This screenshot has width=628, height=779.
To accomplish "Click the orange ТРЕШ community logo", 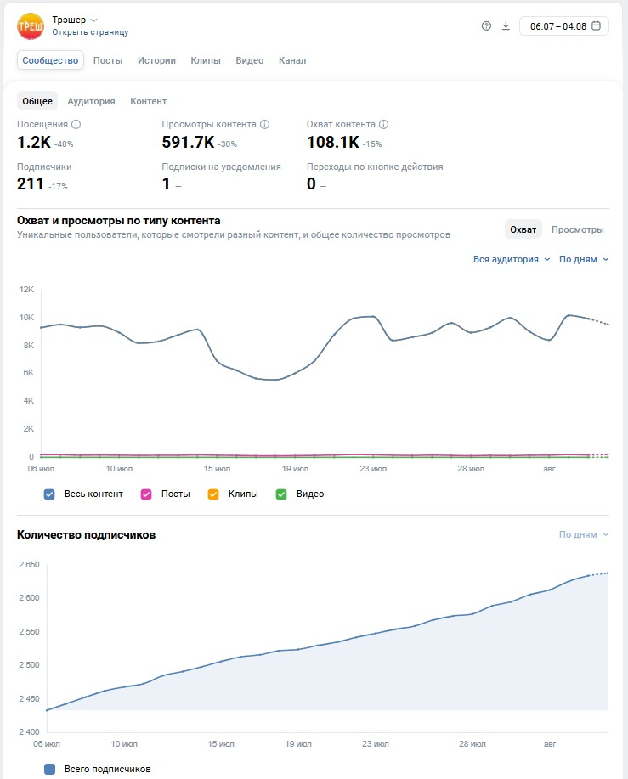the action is [31, 25].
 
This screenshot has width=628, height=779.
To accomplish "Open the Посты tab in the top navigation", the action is [108, 60].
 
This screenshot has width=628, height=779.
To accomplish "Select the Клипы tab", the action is [206, 60].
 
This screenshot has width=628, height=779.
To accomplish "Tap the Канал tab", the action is [292, 60].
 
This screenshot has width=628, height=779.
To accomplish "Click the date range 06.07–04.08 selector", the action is [564, 26].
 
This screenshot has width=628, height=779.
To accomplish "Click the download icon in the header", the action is [506, 25].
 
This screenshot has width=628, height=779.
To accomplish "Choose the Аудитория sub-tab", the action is [92, 101].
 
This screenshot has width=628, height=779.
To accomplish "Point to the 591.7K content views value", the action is [188, 143].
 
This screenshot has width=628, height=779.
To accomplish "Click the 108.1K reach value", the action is [333, 143].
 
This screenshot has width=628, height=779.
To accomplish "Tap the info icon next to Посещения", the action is [76, 124].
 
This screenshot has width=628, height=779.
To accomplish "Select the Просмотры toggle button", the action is [577, 229].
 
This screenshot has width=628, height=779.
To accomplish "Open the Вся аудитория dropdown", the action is [512, 259].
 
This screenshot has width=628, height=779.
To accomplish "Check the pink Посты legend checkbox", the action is [146, 494].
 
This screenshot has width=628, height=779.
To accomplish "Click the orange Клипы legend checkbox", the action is [213, 494].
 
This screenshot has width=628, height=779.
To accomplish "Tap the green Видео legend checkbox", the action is [281, 494].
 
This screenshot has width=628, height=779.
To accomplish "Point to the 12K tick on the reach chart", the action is [27, 289].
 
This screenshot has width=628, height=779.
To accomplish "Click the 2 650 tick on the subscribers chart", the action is [29, 564].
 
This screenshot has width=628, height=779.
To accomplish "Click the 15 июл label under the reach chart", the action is [217, 468].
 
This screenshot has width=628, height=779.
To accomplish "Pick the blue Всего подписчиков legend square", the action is [49, 769].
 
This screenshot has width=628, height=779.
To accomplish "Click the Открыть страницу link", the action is [90, 32].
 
